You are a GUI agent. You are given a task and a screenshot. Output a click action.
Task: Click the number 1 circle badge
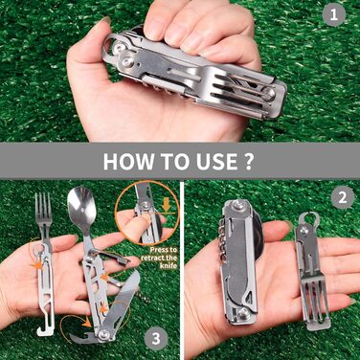coord(333,14)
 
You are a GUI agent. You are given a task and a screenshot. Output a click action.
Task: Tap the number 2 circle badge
coord(342,197)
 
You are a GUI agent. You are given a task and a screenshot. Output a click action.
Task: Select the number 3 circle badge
coord(156,339)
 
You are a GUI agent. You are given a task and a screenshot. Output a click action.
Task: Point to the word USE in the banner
coord(213,161)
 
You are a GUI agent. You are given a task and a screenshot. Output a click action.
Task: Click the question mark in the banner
coord(248,161)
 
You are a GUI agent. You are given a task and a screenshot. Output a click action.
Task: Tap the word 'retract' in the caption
coord(152,258)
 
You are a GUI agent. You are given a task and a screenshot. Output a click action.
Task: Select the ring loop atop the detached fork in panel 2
coord(309,219)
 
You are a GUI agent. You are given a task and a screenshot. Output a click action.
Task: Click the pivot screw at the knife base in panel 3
coord(103,334)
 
